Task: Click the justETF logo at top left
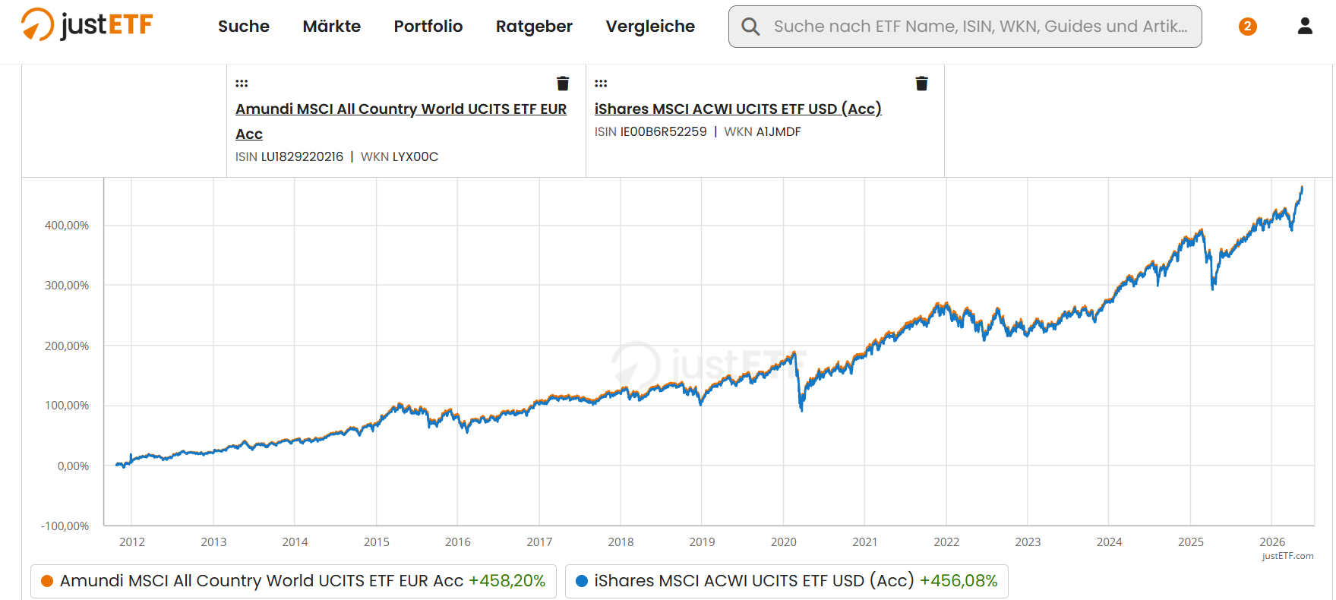pos(87,25)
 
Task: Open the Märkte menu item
pos(331,27)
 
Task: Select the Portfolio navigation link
pos(428,27)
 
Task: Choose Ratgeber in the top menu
pos(534,27)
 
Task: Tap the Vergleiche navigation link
pos(650,27)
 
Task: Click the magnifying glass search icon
pos(750,27)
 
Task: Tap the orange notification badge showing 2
pos(1247,27)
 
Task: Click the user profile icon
pos(1305,26)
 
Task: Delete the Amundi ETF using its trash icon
pos(563,84)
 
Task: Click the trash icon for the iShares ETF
pos(921,84)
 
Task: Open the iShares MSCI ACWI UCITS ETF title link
pos(737,109)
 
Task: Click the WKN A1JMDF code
pos(779,131)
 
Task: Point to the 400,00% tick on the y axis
pos(67,226)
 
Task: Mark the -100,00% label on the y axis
pos(65,526)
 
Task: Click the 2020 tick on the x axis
pos(783,542)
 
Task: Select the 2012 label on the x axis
pos(132,542)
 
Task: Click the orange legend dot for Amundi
pos(47,581)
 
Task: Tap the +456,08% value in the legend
pos(959,581)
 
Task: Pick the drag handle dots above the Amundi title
pos(242,83)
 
